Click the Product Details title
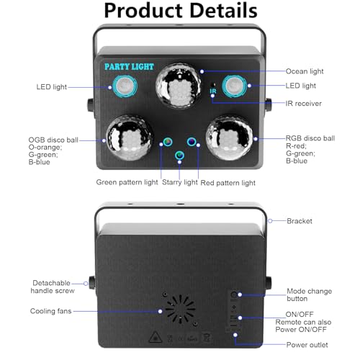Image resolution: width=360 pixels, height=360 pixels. point(181,11)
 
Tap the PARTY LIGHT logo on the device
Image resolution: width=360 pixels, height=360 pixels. point(129,66)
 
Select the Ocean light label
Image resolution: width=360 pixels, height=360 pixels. point(305,71)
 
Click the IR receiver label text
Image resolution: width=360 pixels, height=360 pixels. point(303,104)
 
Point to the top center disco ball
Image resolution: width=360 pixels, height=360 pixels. point(179,86)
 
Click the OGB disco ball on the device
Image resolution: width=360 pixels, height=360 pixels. point(130,138)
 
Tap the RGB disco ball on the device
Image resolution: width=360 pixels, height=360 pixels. point(229,138)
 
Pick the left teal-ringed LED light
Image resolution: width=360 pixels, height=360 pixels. point(125,86)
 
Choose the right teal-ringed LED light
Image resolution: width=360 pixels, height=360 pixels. point(234,86)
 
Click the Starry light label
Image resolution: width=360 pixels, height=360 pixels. point(180,182)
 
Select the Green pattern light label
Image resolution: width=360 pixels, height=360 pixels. point(127,182)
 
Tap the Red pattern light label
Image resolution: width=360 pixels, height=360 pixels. point(228,183)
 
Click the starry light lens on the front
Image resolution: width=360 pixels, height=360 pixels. point(179,156)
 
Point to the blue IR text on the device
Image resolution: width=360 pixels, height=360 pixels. point(213,91)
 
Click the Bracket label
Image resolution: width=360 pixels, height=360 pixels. point(300,221)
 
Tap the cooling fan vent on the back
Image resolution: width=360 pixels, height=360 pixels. point(180,309)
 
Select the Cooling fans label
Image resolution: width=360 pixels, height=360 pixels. point(51,311)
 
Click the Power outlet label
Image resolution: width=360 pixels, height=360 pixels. point(307,345)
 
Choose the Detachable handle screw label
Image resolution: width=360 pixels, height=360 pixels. point(53,287)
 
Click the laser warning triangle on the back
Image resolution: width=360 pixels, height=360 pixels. point(156,337)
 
